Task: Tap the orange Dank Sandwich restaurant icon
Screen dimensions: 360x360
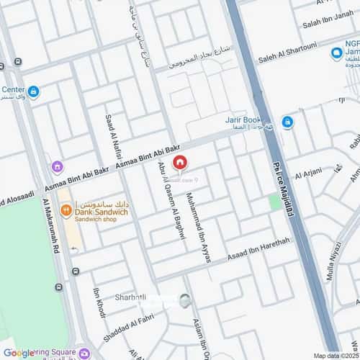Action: point(66,210)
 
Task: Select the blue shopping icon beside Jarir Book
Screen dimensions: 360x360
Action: point(287,122)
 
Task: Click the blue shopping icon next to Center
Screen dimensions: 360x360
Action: point(33,92)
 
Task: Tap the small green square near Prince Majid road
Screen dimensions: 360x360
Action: point(274,202)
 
